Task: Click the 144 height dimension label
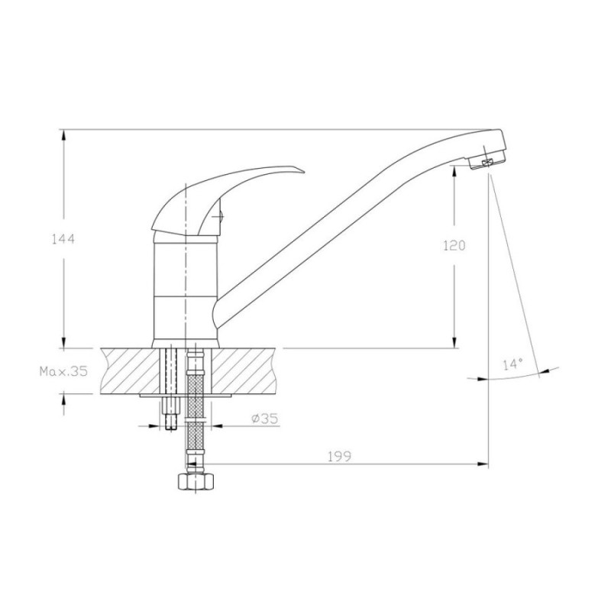(63, 239)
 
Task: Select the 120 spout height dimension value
(454, 245)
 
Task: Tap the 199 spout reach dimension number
(339, 456)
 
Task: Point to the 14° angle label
(512, 365)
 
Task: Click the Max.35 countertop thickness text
(63, 371)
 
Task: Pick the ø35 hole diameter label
(265, 419)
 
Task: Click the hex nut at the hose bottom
(196, 482)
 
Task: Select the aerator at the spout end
(487, 163)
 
